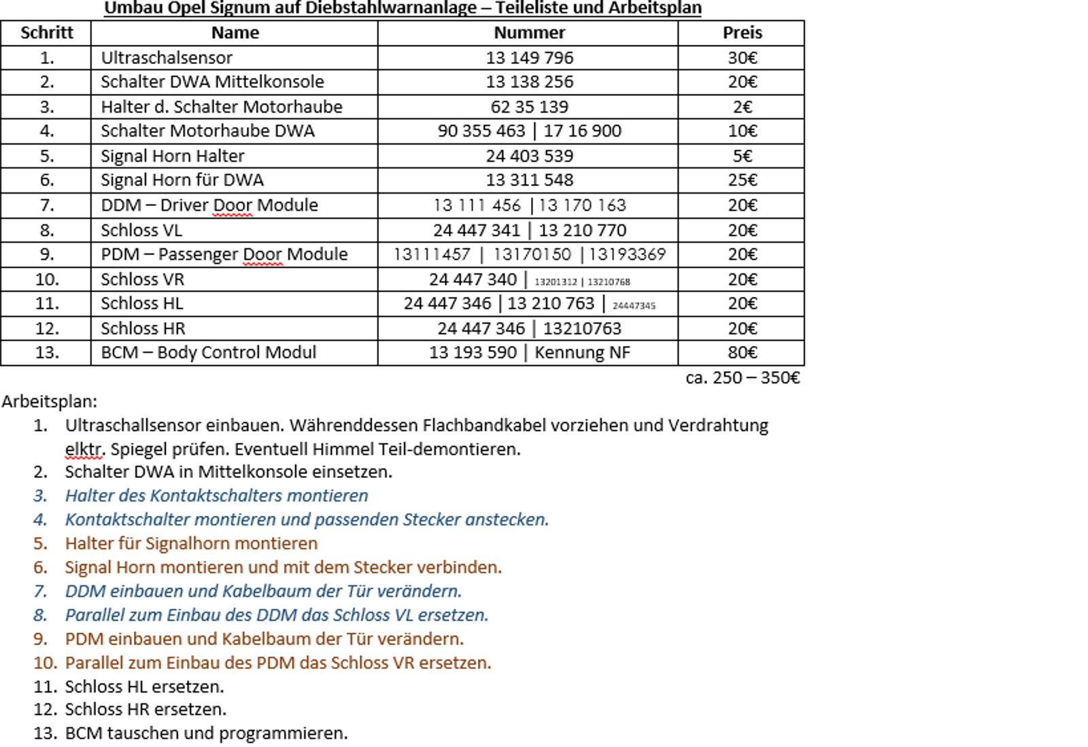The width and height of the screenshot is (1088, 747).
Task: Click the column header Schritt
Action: [46, 33]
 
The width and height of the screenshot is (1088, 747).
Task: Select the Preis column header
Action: [742, 33]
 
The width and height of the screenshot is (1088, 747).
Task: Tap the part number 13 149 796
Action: [529, 58]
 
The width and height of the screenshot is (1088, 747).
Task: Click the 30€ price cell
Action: [742, 58]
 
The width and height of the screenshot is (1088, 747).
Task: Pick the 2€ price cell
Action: [742, 107]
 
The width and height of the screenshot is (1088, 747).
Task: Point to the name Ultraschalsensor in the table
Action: [167, 58]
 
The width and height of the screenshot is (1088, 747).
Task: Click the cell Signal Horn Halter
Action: [172, 156]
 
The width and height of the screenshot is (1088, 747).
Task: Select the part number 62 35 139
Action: [529, 107]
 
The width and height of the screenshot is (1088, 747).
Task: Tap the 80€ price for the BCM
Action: [742, 353]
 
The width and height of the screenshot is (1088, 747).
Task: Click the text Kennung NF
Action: [582, 353]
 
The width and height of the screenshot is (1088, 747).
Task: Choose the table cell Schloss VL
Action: [141, 230]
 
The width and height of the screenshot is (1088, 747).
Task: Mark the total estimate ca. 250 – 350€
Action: [743, 378]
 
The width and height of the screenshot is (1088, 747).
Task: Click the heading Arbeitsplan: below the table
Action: [50, 401]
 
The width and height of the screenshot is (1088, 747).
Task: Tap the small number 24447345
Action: [634, 306]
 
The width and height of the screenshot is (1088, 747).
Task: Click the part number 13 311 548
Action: [529, 180]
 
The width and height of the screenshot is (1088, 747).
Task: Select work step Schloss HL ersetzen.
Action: [144, 687]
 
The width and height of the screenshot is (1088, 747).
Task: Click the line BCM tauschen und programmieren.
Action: [206, 733]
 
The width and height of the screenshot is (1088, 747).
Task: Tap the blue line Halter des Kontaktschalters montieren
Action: [216, 496]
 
